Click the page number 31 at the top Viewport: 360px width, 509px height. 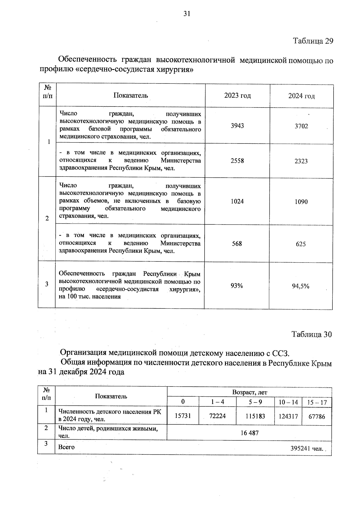tap(187, 14)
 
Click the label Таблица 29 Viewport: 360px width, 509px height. tap(313, 41)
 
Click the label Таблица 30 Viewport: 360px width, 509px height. tap(312, 334)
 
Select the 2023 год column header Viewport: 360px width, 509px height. tap(237, 96)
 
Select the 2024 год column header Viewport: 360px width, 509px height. tap(301, 96)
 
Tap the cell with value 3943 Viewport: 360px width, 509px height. tap(237, 126)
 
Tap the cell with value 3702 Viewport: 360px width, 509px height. tap(301, 126)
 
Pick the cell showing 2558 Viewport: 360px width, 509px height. tap(237, 161)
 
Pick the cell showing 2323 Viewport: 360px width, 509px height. tap(301, 161)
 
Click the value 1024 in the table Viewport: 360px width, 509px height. tap(237, 201)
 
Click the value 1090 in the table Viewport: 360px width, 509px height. tap(301, 202)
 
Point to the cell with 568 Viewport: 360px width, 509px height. tap(237, 244)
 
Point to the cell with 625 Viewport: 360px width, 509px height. tap(301, 244)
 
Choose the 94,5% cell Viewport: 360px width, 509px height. tap(301, 286)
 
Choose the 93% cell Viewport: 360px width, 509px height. tap(237, 286)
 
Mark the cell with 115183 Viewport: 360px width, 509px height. tap(255, 416)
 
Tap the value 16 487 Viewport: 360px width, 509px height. tap(249, 433)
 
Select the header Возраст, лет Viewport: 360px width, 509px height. tap(250, 393)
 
